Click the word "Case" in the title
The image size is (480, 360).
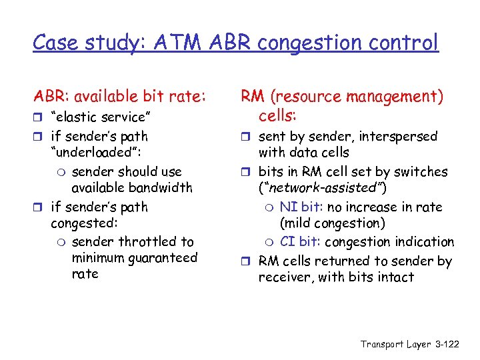tap(54, 43)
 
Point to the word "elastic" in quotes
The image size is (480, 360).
tap(82, 117)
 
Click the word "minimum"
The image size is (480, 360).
tap(96, 258)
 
